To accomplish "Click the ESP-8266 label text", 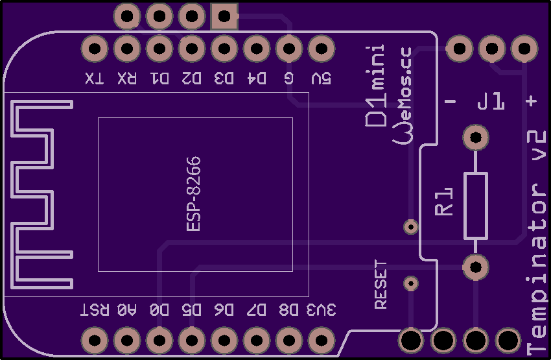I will [193, 194].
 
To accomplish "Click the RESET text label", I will [381, 284].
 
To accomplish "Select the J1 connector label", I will [490, 102].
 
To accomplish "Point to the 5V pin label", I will [320, 78].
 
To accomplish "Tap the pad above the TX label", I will [95, 49].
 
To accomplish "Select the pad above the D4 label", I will [256, 49].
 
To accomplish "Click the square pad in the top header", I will [224, 16].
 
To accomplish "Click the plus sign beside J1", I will [532, 101].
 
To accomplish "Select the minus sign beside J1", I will [451, 102].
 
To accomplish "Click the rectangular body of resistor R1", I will [475, 206].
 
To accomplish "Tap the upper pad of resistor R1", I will [475, 138].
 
